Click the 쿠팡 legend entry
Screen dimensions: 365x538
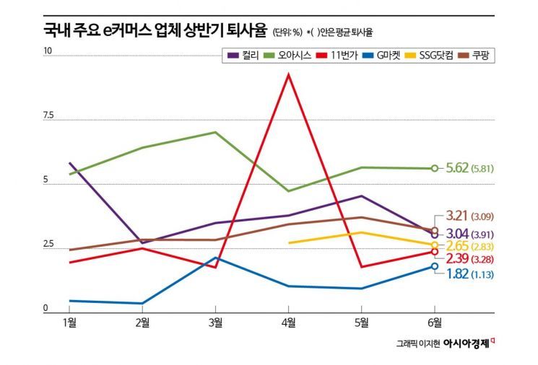click(x=484, y=55)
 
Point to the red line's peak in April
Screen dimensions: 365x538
click(x=289, y=74)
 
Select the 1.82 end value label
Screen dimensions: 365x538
click(x=456, y=273)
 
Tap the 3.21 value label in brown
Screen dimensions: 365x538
click(x=456, y=215)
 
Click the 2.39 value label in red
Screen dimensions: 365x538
click(x=456, y=259)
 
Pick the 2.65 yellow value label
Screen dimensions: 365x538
click(x=456, y=247)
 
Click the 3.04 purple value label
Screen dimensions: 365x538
click(x=456, y=233)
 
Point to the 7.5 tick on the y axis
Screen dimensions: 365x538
click(x=48, y=115)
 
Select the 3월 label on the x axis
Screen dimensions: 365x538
click(x=215, y=321)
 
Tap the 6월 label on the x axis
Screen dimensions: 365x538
click(x=434, y=321)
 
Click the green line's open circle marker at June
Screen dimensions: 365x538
click(x=434, y=168)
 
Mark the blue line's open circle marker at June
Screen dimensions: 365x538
click(x=434, y=266)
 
